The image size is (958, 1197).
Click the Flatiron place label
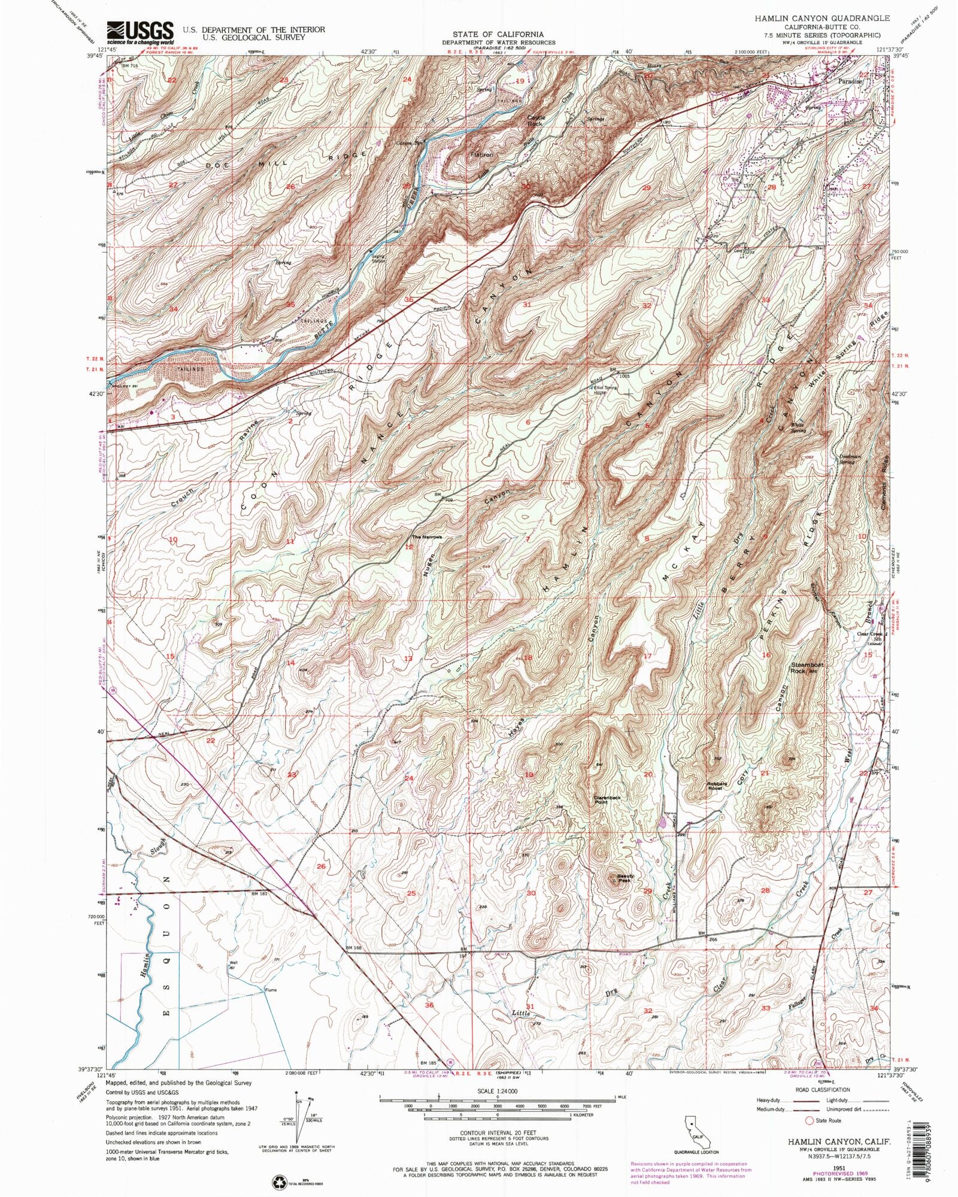pyautogui.click(x=481, y=154)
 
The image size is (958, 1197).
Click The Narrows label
pyautogui.click(x=426, y=537)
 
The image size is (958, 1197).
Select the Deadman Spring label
pyautogui.click(x=850, y=459)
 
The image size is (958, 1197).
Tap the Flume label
pyautogui.click(x=271, y=990)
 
